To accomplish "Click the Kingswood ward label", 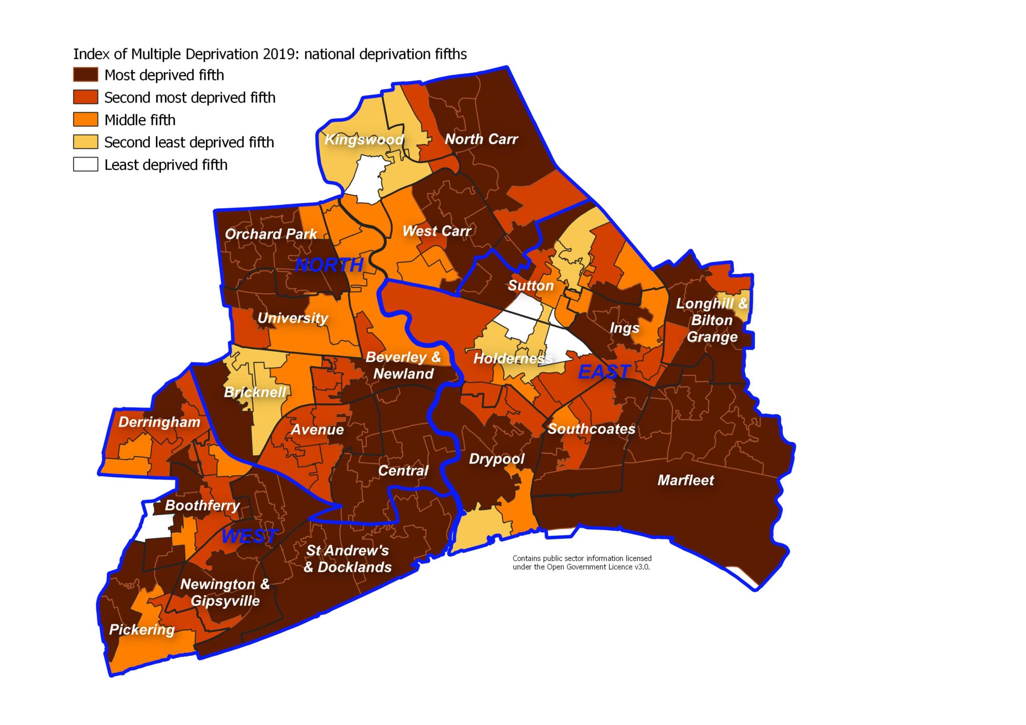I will [x=364, y=140].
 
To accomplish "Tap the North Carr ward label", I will [x=481, y=139].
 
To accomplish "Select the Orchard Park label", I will [x=271, y=234].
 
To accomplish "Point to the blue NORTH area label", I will [x=329, y=265].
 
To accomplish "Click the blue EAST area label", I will [x=604, y=372].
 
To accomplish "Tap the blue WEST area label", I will [x=249, y=536].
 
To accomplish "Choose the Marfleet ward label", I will [x=685, y=481].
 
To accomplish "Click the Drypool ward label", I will [x=496, y=459].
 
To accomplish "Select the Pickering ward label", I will [x=142, y=630].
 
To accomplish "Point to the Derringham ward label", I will [x=159, y=422].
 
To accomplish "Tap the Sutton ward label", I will [x=531, y=286].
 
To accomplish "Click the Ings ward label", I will [x=624, y=328].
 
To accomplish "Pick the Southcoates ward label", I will [x=591, y=429].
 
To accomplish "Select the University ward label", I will [x=293, y=318].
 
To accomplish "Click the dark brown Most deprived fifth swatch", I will [x=86, y=75].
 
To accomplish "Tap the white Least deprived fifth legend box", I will [x=86, y=165].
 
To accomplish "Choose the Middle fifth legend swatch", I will [x=86, y=120].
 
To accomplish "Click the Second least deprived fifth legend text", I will [x=189, y=143].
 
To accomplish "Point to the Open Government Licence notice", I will [x=582, y=563].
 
